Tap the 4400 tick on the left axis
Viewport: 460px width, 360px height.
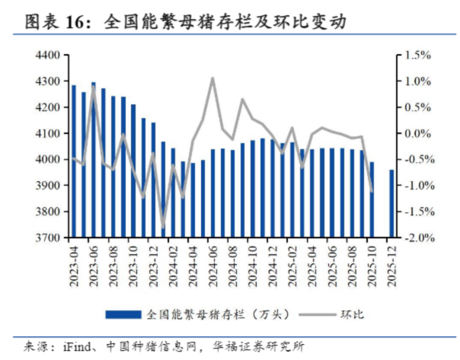48,56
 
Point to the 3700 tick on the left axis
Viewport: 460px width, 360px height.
48,238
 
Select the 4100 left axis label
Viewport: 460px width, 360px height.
48,134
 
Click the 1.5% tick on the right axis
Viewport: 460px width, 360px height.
418,56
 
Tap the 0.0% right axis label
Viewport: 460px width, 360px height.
418,134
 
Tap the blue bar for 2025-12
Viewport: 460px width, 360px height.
392,203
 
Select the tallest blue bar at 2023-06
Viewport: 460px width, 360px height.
94,160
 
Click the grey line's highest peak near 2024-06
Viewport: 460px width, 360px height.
212,78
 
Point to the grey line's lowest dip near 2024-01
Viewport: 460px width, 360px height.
163,227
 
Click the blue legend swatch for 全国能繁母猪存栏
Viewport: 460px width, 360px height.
123,314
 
